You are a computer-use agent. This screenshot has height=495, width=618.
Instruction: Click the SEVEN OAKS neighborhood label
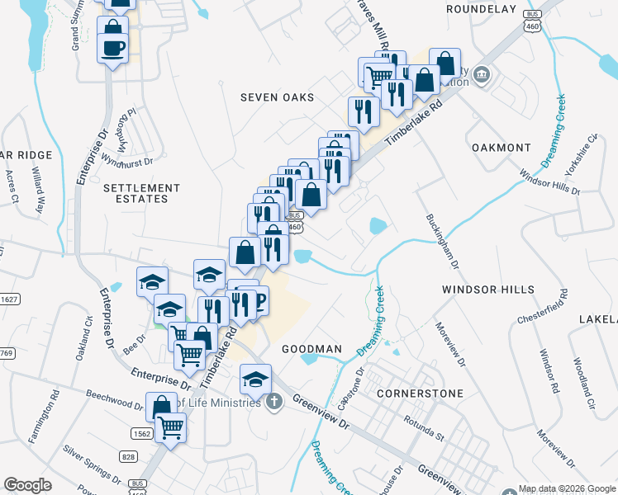pyautogui.click(x=277, y=97)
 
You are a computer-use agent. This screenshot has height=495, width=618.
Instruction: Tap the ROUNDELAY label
pyautogui.click(x=480, y=9)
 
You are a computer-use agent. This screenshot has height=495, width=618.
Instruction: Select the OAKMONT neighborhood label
pyautogui.click(x=501, y=148)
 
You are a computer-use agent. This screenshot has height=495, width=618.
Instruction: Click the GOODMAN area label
pyautogui.click(x=311, y=349)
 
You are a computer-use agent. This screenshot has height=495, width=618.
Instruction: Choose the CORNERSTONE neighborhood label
pyautogui.click(x=420, y=394)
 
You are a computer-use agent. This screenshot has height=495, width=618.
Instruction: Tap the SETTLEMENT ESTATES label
pyautogui.click(x=135, y=193)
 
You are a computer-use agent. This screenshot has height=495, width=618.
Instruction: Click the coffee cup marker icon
pyautogui.click(x=112, y=46)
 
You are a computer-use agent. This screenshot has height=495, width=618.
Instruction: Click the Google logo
pyautogui.click(x=27, y=485)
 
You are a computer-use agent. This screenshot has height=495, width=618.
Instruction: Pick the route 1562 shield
pyautogui.click(x=140, y=433)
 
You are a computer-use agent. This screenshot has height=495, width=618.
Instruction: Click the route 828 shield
pyautogui.click(x=128, y=456)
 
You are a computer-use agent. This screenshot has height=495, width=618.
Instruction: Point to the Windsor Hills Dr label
pyautogui.click(x=550, y=183)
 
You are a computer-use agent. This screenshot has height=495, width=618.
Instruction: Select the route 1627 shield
pyautogui.click(x=8, y=299)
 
